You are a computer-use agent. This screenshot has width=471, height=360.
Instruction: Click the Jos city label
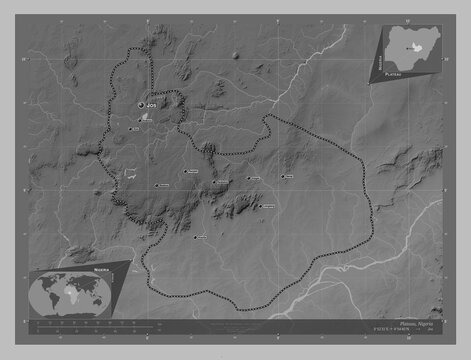[x=152, y=104]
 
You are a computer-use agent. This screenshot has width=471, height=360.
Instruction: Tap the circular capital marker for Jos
[x=140, y=104]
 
